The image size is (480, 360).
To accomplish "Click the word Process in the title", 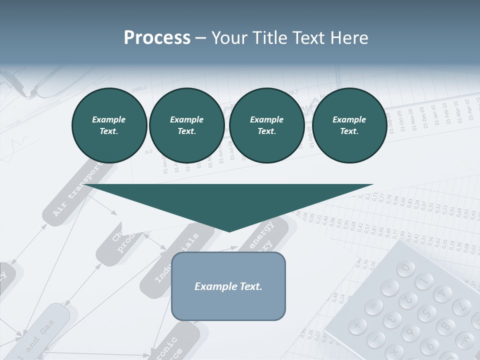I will point(157,38).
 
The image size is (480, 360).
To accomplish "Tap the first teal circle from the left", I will point(109,125).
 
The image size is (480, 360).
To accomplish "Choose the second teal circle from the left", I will point(186,125).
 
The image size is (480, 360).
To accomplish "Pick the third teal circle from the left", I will point(266,125).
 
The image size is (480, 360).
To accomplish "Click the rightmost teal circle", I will point(349,125).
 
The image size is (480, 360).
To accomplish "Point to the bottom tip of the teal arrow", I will point(229,230).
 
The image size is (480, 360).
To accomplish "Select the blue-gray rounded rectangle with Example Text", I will point(228,286).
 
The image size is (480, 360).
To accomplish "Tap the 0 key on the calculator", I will point(405,268).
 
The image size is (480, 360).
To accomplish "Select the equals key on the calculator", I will point(372,305).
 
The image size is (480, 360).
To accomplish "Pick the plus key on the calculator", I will point(356,326).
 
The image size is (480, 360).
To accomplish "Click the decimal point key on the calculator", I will point(389,287).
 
